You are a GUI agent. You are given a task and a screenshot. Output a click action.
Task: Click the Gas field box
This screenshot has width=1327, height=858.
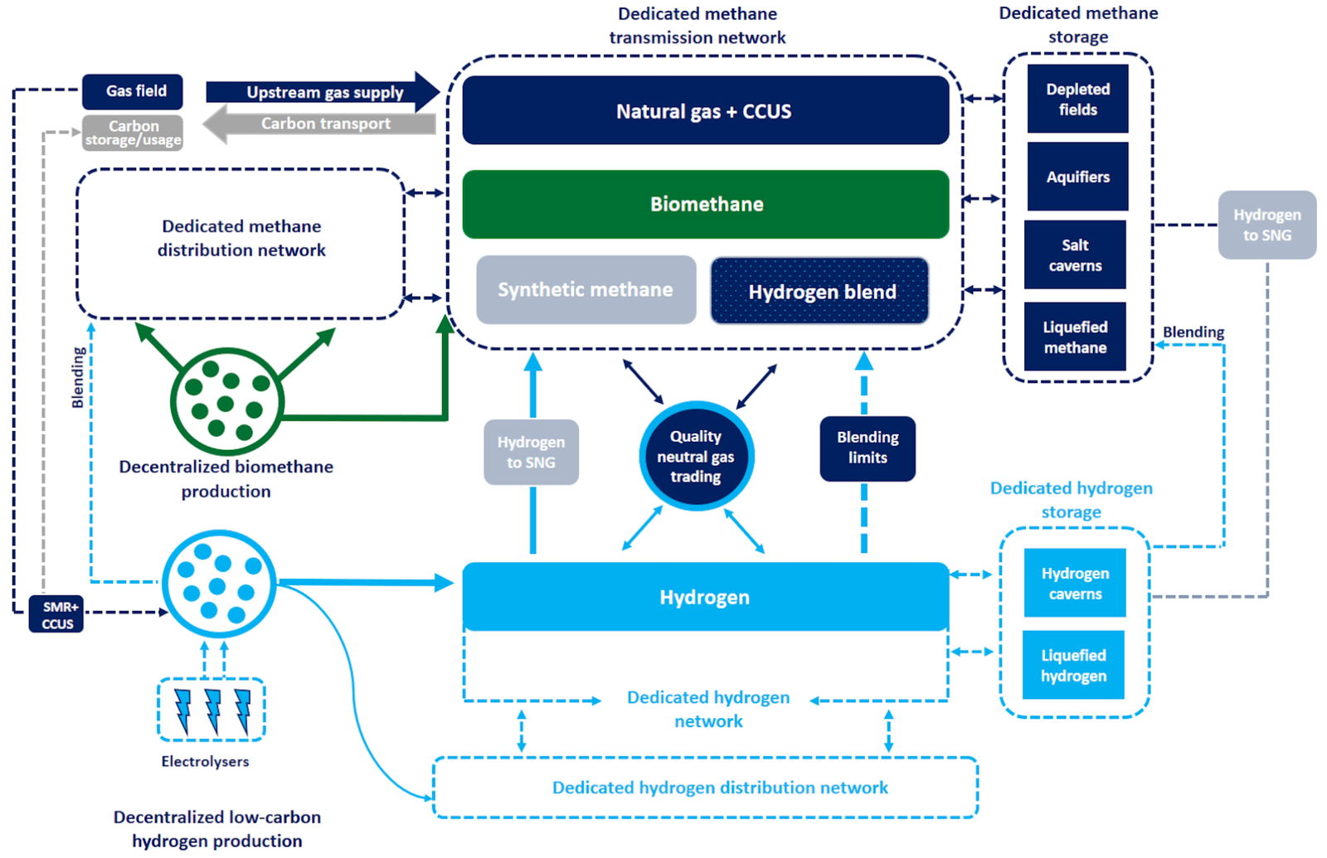coord(133,91)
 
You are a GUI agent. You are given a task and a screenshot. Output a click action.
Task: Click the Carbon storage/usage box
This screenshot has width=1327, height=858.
coord(133,133)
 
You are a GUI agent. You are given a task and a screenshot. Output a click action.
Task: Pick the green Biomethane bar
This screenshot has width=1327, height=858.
coord(706,204)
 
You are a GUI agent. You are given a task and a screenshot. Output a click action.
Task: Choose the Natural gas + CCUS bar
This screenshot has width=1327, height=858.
coord(706,110)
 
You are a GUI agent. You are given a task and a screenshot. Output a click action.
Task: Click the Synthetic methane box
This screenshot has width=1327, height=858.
coord(586,289)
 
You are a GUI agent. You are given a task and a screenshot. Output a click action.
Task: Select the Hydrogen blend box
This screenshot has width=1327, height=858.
coord(819,291)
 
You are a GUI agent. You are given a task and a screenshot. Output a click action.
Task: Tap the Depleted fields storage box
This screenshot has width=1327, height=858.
coord(1077,99)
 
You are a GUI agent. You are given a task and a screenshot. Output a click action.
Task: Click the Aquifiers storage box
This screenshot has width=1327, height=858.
coord(1077,177)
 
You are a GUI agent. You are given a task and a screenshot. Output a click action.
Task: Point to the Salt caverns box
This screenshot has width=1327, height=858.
coord(1075,254)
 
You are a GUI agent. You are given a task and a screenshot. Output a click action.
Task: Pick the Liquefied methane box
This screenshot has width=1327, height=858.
coord(1075,337)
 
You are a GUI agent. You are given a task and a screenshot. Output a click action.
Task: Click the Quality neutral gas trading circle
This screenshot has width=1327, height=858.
coord(696,456)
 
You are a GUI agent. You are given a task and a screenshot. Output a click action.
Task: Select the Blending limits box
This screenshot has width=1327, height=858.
coord(868,448)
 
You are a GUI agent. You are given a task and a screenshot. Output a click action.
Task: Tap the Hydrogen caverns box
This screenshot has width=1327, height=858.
coord(1075,583)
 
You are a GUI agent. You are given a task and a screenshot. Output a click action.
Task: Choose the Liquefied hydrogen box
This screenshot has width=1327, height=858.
coord(1073,665)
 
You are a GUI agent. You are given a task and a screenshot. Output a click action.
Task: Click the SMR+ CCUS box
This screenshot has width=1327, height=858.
coord(56,614)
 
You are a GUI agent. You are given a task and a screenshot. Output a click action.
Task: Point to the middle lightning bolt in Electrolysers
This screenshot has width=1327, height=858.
coord(212,710)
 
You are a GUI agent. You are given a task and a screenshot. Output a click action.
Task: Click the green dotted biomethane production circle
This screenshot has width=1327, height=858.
coord(226,400)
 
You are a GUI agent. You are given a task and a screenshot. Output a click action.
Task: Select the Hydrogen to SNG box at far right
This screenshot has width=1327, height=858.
coord(1266,225)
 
